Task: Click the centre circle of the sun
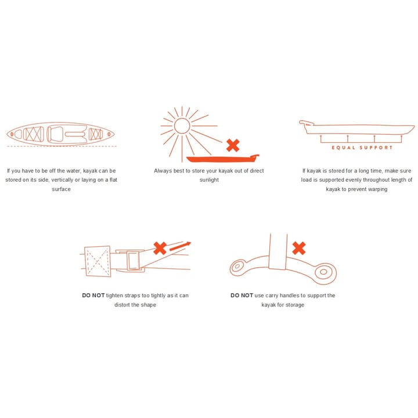click(x=182, y=126)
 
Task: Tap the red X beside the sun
click(x=233, y=146)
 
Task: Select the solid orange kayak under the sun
click(x=222, y=158)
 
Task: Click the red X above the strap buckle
click(x=160, y=248)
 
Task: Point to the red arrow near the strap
click(x=180, y=246)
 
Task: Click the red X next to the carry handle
click(x=299, y=248)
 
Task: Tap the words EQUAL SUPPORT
click(x=362, y=147)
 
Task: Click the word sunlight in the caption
click(x=209, y=180)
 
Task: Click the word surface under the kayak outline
click(x=61, y=189)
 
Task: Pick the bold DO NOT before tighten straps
click(x=93, y=296)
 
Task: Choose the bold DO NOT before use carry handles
click(x=242, y=296)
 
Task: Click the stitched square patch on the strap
click(x=98, y=261)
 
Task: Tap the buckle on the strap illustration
click(x=133, y=261)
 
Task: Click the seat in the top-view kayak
click(x=56, y=134)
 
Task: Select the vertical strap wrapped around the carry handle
click(x=278, y=251)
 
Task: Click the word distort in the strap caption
click(x=122, y=305)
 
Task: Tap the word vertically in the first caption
click(x=62, y=180)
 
